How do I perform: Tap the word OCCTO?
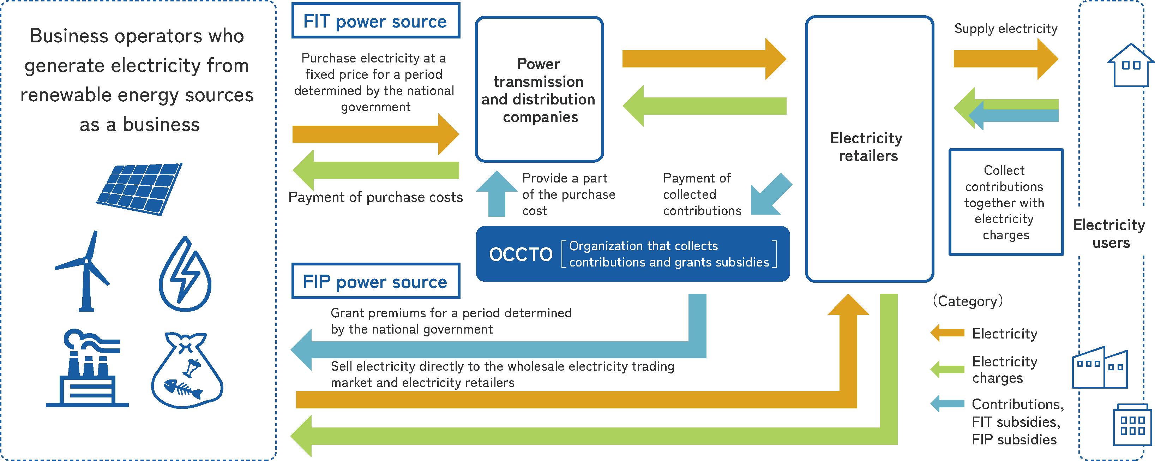521,254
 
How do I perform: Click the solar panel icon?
139,188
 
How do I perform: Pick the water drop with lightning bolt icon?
185,275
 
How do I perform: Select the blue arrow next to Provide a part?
497,194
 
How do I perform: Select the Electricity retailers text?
867,146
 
